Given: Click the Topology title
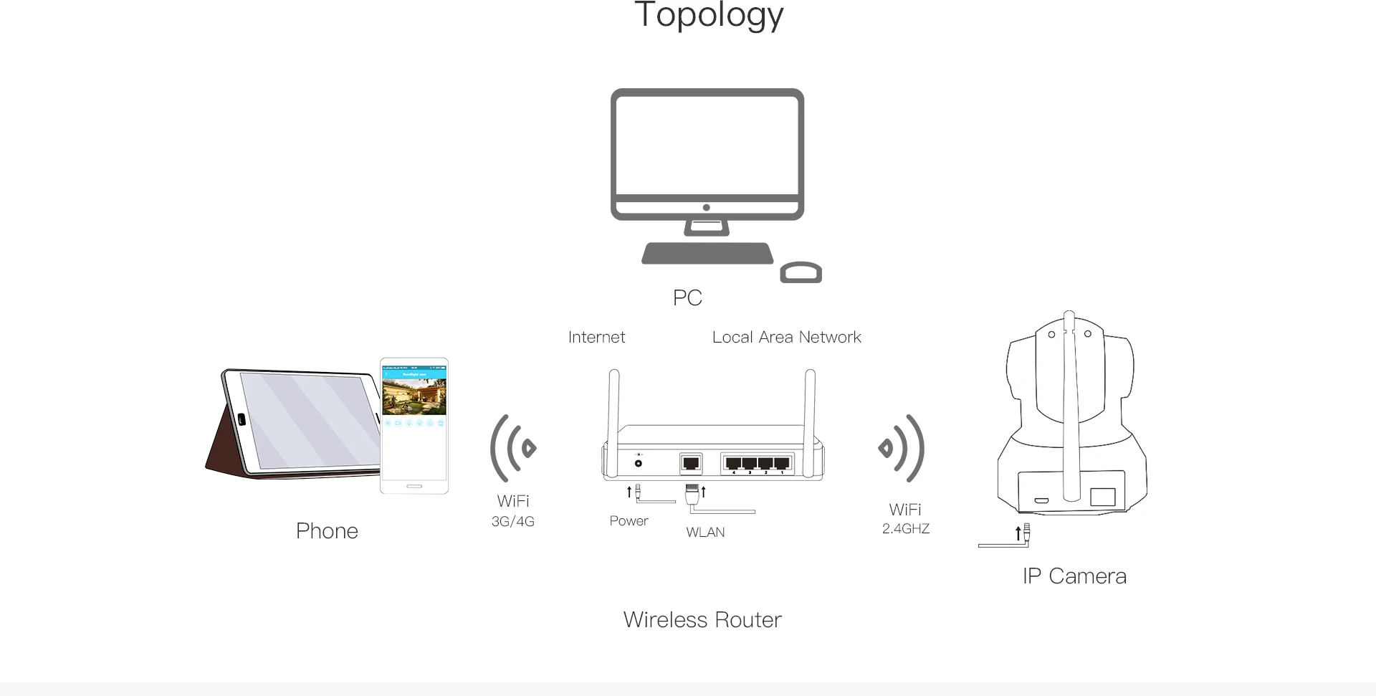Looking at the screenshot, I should coord(709,16).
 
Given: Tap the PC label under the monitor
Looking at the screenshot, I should coord(687,297).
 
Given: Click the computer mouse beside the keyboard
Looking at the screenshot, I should coord(801,273).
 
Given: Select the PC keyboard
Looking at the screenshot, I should coord(707,254).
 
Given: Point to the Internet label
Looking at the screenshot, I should coord(596,338).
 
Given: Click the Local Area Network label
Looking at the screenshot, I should coord(786,338).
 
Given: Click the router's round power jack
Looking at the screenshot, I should coord(638,463).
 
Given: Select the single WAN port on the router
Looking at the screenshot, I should coord(691,464).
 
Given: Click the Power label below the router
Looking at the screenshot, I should coord(629,521).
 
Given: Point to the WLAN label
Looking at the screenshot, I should coord(705,533).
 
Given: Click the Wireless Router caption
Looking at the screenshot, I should coord(702,620).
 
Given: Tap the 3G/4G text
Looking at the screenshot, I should coord(512,522).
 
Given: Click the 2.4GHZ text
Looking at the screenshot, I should coord(906,529).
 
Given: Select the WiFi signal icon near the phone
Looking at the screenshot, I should coord(512,448).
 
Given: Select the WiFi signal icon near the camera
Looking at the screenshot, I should coord(902,448).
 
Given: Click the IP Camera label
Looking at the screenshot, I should coord(1074,576).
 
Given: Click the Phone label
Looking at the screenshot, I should coord(327,531).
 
